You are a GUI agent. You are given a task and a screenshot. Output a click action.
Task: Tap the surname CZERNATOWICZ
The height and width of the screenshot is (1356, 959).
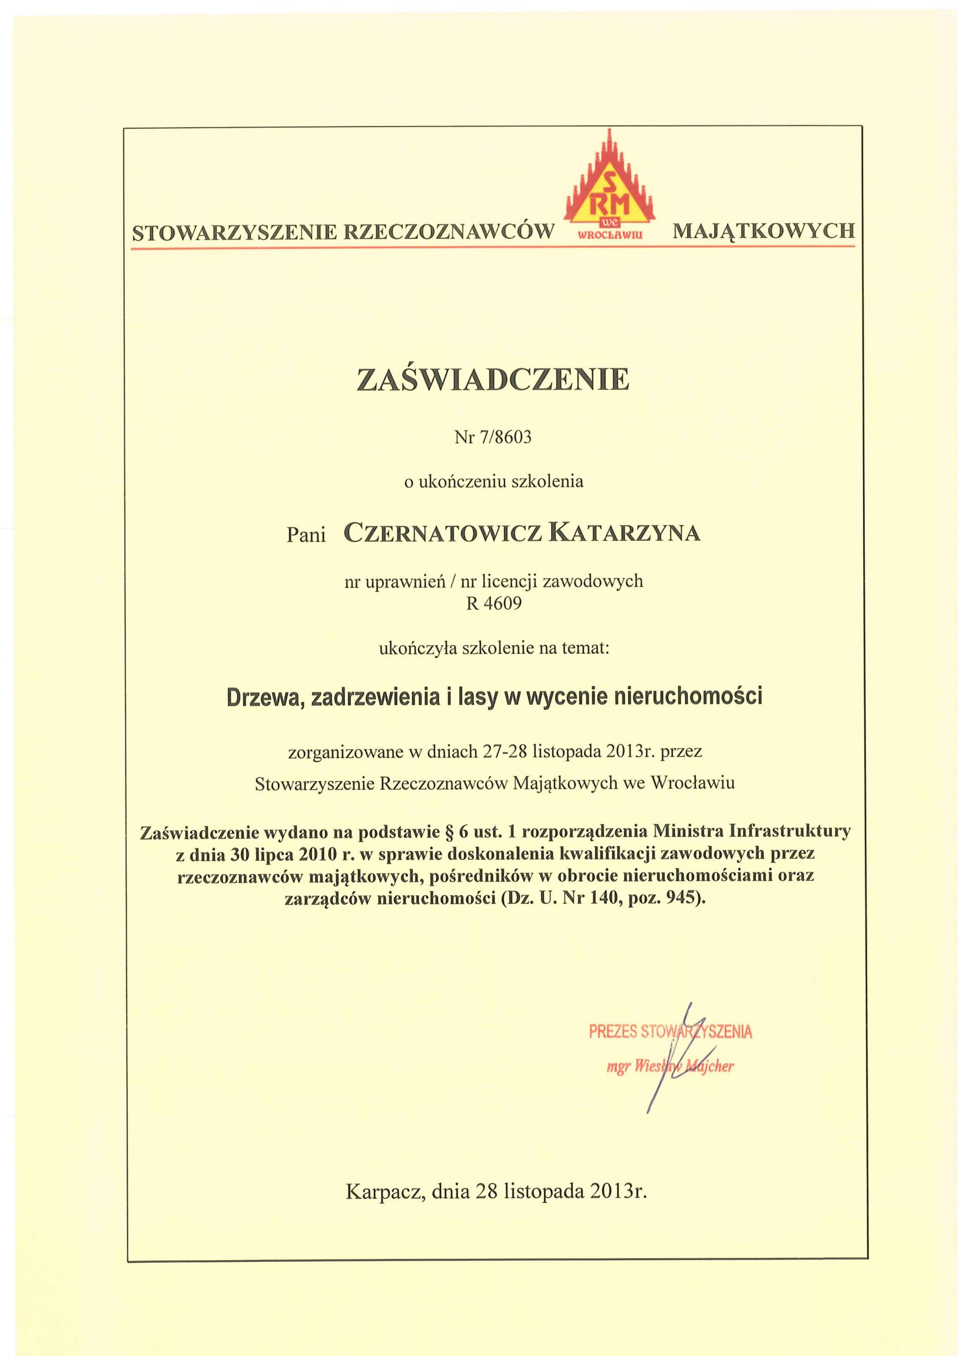(442, 533)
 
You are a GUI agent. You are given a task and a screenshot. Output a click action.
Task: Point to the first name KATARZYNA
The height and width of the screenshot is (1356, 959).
(624, 533)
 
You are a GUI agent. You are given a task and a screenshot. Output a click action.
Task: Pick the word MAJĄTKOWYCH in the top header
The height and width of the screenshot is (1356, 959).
(763, 231)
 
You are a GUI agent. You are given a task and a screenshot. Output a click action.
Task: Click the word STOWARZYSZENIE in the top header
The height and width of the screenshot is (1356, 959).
(234, 232)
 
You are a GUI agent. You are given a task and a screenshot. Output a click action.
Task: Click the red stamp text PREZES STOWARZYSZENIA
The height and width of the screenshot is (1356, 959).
(670, 1032)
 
